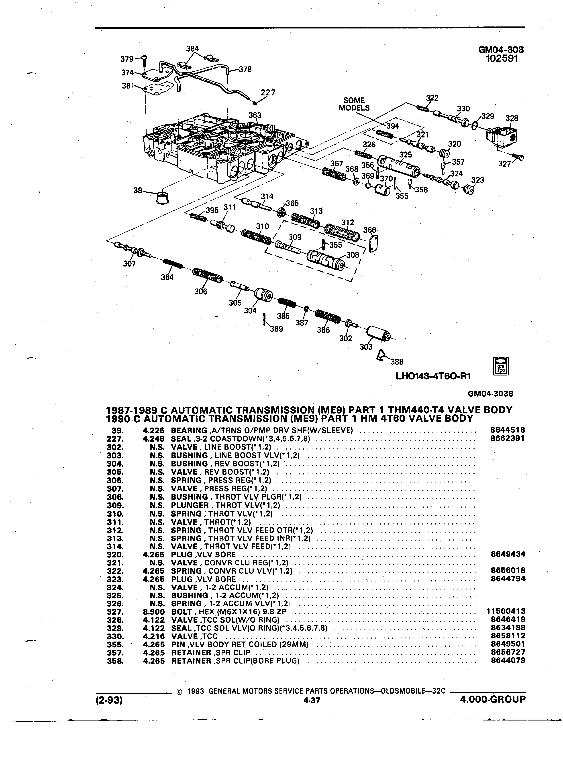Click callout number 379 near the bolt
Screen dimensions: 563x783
tap(127, 59)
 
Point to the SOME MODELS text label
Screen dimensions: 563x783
tap(354, 104)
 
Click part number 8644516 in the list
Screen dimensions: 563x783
tap(507, 430)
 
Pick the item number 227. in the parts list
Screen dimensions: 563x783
tap(114, 438)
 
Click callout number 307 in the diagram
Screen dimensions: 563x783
tap(130, 264)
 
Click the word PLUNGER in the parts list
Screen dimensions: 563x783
tap(190, 505)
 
